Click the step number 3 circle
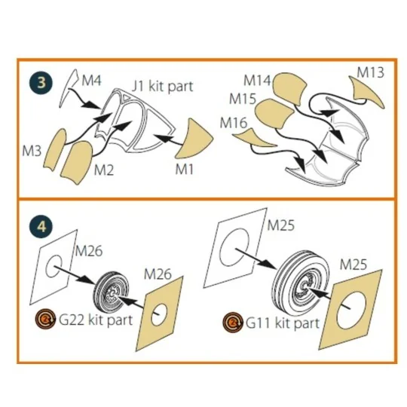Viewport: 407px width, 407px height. coord(41,83)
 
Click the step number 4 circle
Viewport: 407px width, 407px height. coord(41,227)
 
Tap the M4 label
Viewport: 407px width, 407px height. coord(91,80)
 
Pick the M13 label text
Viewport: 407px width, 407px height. coord(370,72)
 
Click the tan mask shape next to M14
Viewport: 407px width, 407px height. coord(290,88)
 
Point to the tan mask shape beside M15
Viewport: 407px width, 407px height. coord(274,114)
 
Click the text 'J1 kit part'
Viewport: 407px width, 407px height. coord(163,87)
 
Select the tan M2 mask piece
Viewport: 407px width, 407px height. coord(76,164)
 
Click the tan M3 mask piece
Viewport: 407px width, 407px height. coord(55,150)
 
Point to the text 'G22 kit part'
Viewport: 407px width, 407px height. coord(96,320)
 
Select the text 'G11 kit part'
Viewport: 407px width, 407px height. coord(283,323)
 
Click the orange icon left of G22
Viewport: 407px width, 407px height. coord(45,318)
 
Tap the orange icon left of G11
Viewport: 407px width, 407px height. coord(233,322)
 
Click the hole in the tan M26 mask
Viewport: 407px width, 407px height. coord(159,315)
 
